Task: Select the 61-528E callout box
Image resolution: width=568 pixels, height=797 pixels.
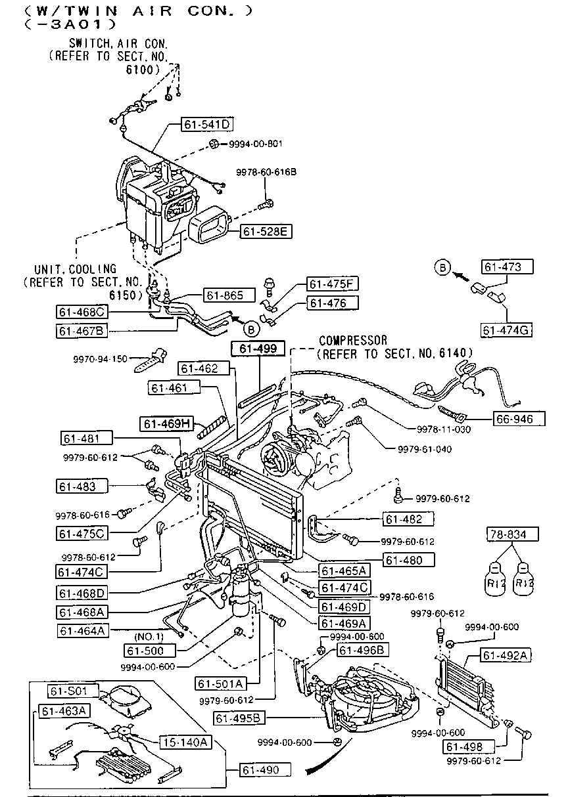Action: [267, 231]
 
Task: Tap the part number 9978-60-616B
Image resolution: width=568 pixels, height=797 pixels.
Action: [267, 173]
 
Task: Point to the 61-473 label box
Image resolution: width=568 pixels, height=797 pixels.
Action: [508, 267]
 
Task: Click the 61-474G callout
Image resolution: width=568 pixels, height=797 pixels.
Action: [506, 330]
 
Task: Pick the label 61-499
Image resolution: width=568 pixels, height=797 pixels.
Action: [258, 349]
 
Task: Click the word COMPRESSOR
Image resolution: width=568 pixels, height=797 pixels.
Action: [353, 341]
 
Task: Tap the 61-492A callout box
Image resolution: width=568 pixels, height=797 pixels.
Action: [507, 655]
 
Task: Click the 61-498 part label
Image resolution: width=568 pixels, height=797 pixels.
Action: [464, 746]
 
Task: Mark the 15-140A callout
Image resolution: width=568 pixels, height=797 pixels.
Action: [185, 742]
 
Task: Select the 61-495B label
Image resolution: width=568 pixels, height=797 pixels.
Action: [240, 718]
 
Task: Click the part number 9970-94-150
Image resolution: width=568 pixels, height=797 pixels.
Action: [101, 359]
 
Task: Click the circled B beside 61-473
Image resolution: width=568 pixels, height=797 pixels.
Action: [443, 267]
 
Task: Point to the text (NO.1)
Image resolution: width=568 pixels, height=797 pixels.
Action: [149, 636]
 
